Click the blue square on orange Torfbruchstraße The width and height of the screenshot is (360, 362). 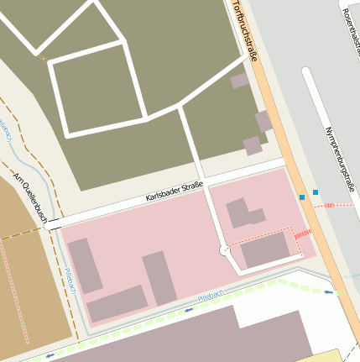pos(302,197)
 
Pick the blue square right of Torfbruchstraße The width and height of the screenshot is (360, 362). pos(316,192)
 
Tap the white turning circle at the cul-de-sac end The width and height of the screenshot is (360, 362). pos(224,250)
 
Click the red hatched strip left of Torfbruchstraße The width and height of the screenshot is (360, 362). pos(303,234)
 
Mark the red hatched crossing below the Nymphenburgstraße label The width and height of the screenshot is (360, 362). pos(329,205)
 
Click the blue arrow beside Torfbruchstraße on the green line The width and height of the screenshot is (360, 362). pos(329,292)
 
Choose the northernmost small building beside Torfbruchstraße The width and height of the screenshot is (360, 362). pos(239,81)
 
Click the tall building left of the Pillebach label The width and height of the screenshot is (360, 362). pos(159,278)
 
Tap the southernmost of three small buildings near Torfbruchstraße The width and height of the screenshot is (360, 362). pos(253,145)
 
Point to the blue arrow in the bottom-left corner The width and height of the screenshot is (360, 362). pos(50,355)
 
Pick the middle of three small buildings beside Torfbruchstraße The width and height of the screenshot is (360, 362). pos(263,121)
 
